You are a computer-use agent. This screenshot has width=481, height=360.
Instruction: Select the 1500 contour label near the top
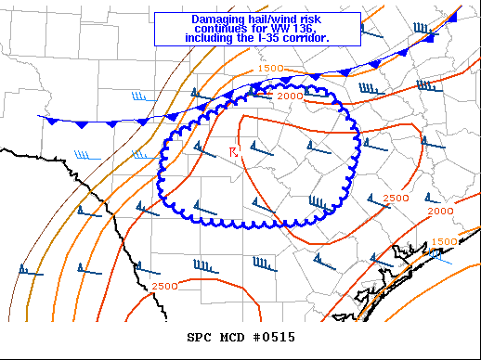pyautogui.click(x=270, y=69)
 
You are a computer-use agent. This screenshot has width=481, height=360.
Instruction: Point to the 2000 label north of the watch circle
pyautogui.click(x=289, y=96)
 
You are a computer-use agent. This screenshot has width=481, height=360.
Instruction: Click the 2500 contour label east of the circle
pyautogui.click(x=396, y=199)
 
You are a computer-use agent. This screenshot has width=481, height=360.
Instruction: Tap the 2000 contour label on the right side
pyautogui.click(x=440, y=212)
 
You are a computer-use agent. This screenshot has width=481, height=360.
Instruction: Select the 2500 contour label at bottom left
pyautogui.click(x=163, y=285)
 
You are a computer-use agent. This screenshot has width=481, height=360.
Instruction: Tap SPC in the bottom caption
pyautogui.click(x=200, y=337)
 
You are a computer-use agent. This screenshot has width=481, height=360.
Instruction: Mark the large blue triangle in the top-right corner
pyautogui.click(x=453, y=17)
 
